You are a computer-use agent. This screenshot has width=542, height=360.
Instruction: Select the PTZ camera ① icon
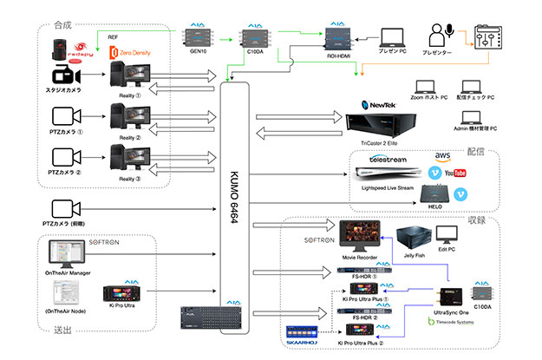coord(63,116)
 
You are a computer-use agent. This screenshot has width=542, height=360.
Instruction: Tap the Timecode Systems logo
coord(459,325)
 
